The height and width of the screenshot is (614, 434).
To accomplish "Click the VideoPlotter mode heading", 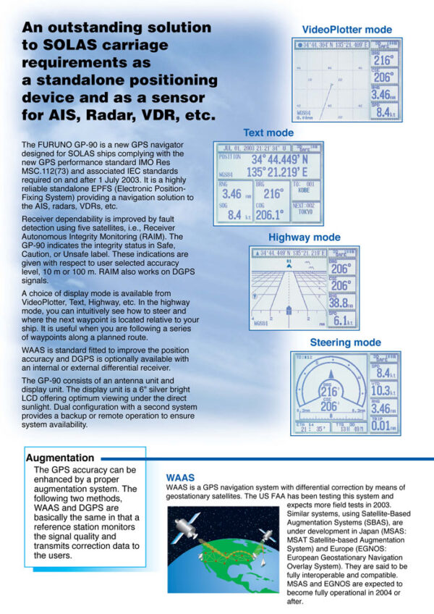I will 346,30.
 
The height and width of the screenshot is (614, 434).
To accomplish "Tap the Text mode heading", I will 268,133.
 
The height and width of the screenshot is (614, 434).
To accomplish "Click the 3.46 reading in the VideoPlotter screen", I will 380,94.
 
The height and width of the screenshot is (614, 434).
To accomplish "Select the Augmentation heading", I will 60,458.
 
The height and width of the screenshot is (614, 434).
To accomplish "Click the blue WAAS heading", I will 180,478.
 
